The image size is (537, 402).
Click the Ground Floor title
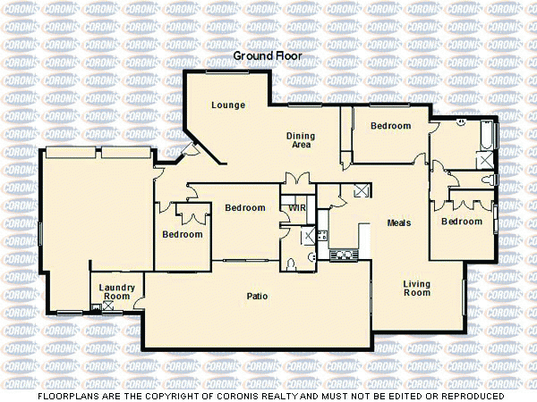coord(268,55)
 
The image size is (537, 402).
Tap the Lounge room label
coord(228,105)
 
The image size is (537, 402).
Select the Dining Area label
coord(300,139)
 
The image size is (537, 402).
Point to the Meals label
coord(398,222)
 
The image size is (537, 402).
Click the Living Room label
coord(417,288)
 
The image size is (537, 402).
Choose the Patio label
coord(258,297)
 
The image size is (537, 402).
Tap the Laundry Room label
coord(117,291)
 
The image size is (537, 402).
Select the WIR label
coord(297,209)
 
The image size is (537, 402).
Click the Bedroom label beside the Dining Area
coord(390,126)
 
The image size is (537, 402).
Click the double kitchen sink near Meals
coord(344,255)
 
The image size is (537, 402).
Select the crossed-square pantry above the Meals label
coord(361,190)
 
